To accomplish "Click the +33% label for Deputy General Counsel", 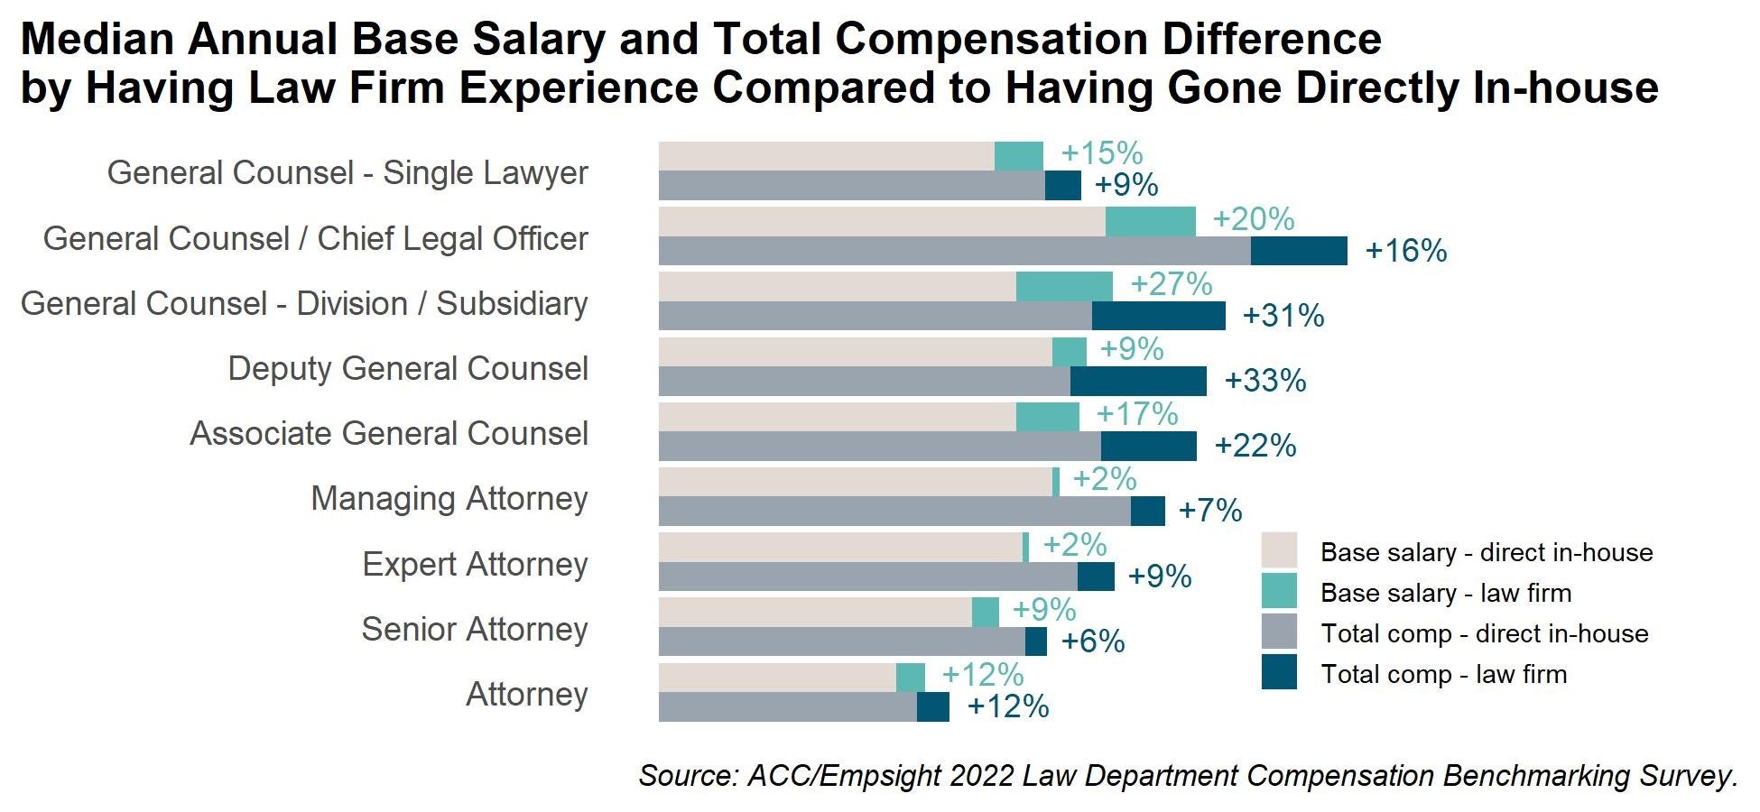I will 1264,381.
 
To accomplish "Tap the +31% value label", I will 1283,316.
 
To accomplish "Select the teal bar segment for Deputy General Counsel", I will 1069,352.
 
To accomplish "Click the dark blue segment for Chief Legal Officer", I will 1298,251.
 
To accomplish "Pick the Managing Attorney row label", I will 449,498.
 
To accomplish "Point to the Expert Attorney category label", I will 475,564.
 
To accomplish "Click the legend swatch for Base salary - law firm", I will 1279,592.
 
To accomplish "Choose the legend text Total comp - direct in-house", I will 1484,633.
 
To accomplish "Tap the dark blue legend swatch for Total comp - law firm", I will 1279,673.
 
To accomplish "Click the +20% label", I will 1253,219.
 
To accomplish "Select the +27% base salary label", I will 1171,284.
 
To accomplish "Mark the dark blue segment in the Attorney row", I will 932,706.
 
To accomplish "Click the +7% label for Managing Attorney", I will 1209,511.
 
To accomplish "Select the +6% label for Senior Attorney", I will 1092,641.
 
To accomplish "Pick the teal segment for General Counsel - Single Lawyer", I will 1018,156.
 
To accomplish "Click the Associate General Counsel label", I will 388,433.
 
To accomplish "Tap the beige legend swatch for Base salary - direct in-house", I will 1279,551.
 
